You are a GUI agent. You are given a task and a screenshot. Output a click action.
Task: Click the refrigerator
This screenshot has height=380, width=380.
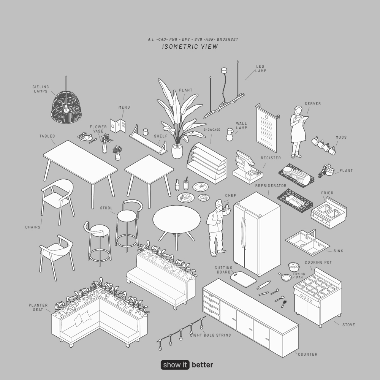point(256,234)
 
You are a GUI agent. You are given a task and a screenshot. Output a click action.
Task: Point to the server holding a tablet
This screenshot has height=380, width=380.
point(298,131)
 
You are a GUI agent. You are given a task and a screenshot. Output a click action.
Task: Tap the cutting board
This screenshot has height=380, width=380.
point(244,279)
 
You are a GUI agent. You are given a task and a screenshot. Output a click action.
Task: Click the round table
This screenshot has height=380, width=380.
point(176,221)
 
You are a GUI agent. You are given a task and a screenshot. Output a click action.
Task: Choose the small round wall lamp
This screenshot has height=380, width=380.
point(230,135)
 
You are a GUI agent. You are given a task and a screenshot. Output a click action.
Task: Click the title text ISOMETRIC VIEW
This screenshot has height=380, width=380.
point(190,46)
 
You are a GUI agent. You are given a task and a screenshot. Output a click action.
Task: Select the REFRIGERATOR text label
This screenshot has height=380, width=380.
point(271,185)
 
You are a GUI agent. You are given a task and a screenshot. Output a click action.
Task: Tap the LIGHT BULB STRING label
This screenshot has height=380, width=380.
point(211,335)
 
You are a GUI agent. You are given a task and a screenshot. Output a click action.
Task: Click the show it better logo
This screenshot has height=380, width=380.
point(187,365)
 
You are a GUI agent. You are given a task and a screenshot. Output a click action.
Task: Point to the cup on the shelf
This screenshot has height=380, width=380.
point(145,132)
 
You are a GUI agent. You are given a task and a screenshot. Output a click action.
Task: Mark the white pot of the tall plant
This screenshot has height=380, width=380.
point(177,151)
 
